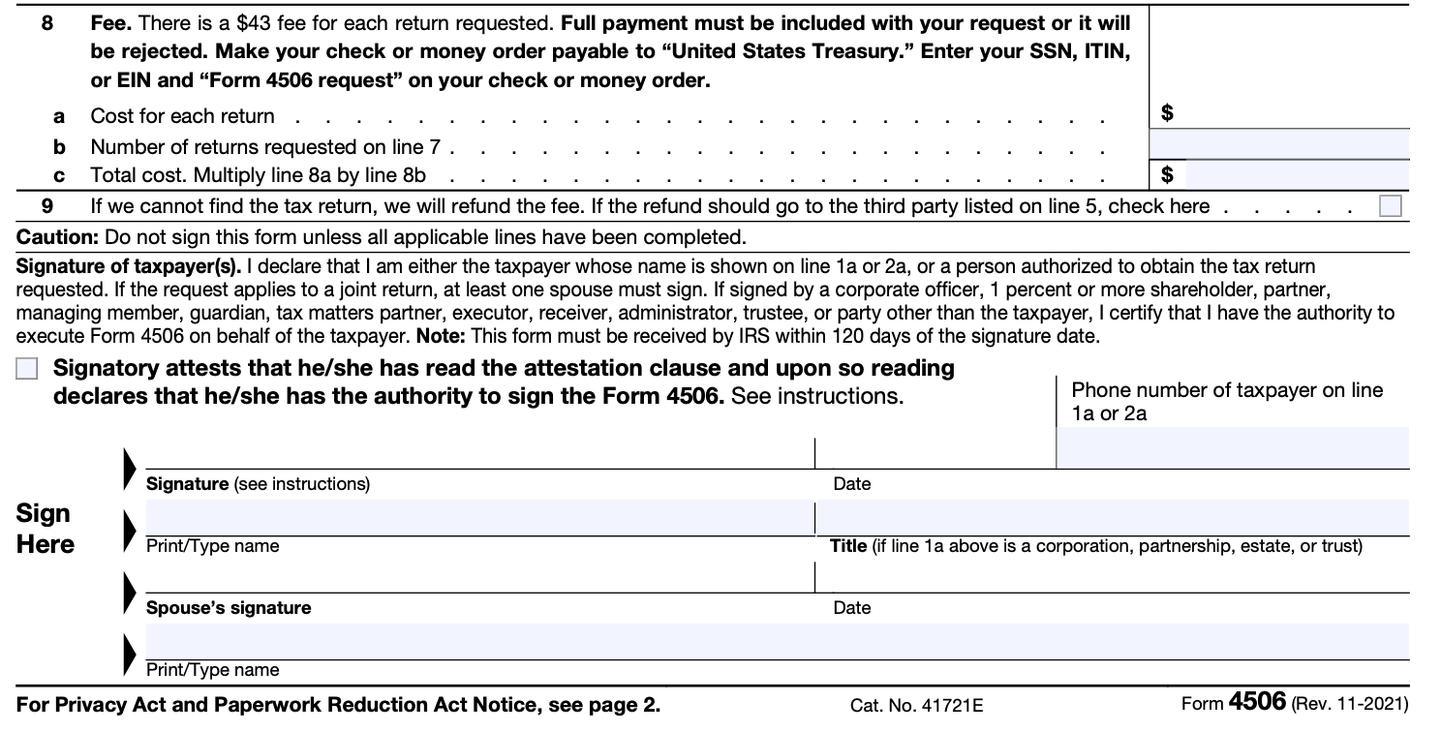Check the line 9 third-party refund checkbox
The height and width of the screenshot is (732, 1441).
click(1390, 206)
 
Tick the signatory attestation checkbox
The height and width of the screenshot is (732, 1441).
click(28, 370)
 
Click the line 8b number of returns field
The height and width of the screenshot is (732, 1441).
click(1278, 145)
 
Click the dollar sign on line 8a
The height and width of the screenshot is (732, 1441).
click(1167, 113)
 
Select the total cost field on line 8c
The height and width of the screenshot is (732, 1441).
click(1296, 175)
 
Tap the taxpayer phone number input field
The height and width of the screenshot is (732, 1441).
click(1232, 448)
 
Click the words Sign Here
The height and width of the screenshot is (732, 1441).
click(45, 529)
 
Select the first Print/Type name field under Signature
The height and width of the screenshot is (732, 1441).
click(479, 517)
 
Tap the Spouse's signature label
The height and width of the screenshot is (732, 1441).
click(229, 608)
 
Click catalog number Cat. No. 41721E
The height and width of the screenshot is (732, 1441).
click(916, 706)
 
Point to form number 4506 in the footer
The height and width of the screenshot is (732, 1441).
click(1257, 702)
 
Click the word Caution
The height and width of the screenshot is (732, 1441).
click(57, 237)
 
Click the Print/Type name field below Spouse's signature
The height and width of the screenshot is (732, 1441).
click(775, 641)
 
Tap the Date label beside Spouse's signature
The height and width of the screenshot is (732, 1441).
click(851, 608)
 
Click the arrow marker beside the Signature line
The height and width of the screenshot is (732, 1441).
click(130, 467)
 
